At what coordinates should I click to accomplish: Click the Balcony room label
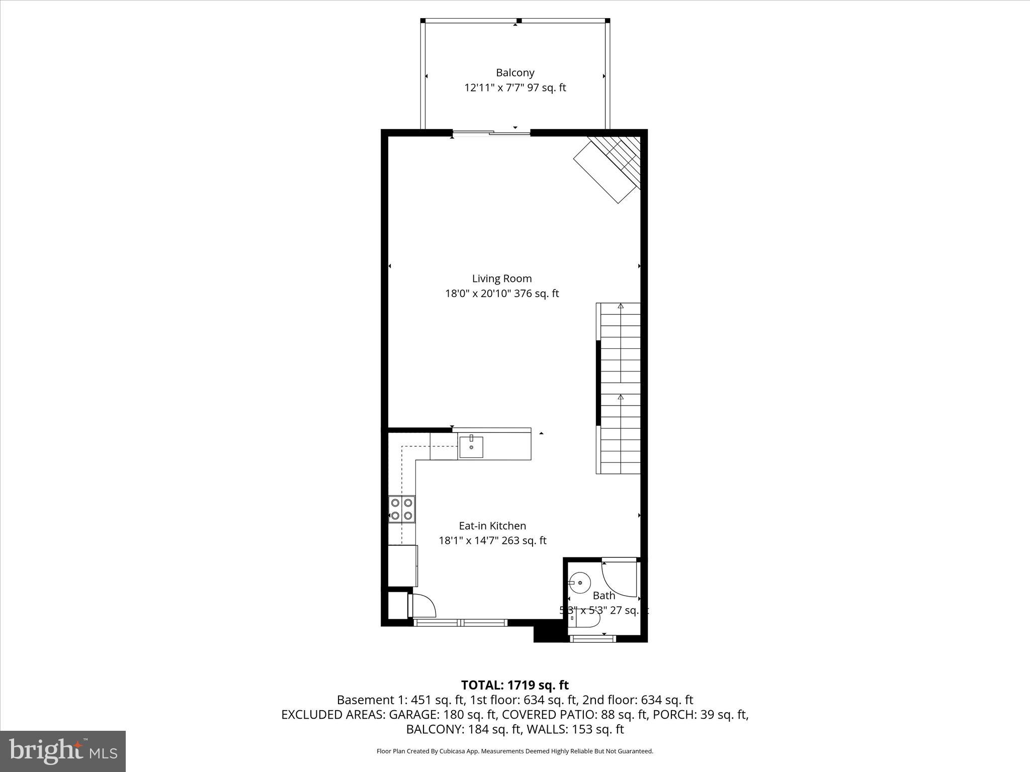click(x=515, y=73)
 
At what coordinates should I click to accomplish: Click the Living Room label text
click(x=501, y=278)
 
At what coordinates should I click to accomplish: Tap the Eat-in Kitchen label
click(x=492, y=526)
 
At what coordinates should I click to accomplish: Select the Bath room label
click(x=604, y=596)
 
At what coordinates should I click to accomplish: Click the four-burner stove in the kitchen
click(x=402, y=509)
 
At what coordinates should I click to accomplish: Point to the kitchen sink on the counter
click(x=471, y=447)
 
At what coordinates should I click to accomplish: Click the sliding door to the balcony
click(x=491, y=133)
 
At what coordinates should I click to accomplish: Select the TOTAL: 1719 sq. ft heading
click(x=514, y=685)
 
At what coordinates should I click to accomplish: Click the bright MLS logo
click(x=63, y=751)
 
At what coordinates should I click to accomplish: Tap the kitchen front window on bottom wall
click(x=460, y=623)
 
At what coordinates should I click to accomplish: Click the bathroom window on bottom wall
click(x=593, y=638)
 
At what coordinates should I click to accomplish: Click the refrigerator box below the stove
click(x=402, y=565)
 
